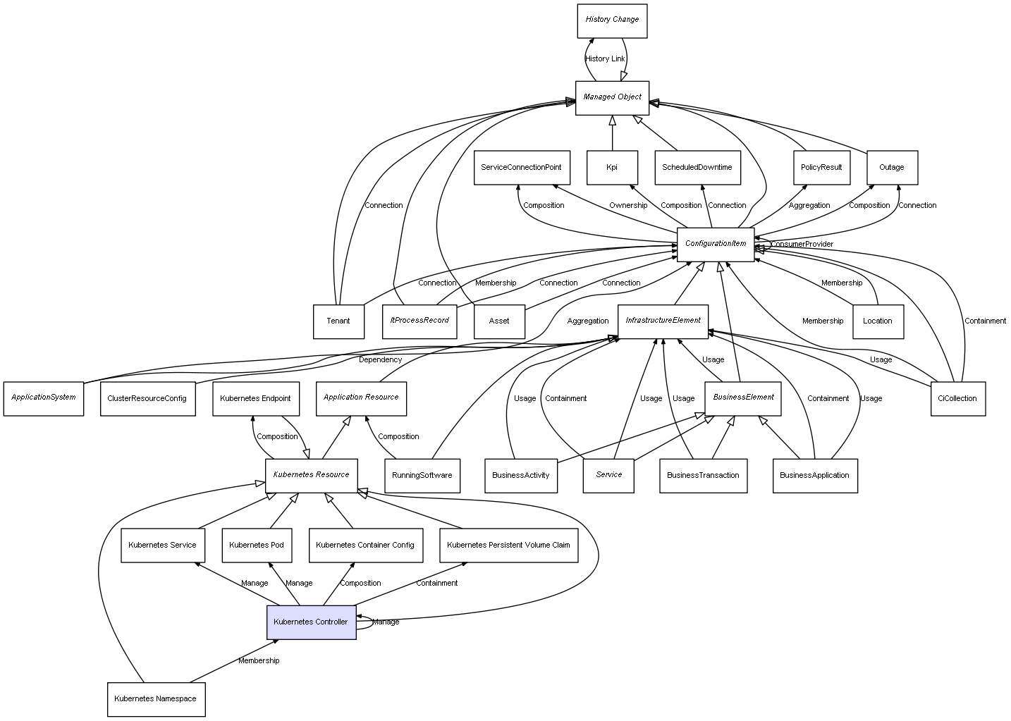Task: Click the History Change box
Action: (611, 20)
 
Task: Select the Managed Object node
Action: (612, 97)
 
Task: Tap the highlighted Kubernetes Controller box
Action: (311, 622)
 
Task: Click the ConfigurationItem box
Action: (715, 244)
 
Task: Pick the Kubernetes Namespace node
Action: (156, 699)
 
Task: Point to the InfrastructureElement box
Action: (663, 321)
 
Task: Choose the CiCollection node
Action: (957, 398)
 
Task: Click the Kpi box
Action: (612, 168)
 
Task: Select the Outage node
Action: (891, 168)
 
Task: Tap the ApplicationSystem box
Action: (43, 398)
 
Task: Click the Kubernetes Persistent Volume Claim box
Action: (508, 545)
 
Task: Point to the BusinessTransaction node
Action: (703, 475)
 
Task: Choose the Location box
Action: (877, 321)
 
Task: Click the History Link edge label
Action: (605, 59)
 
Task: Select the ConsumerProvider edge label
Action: (802, 245)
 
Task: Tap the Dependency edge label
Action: (380, 360)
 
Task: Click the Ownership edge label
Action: (628, 206)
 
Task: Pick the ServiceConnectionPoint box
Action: (521, 168)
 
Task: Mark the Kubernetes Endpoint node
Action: (255, 398)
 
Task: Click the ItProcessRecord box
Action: (419, 321)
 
